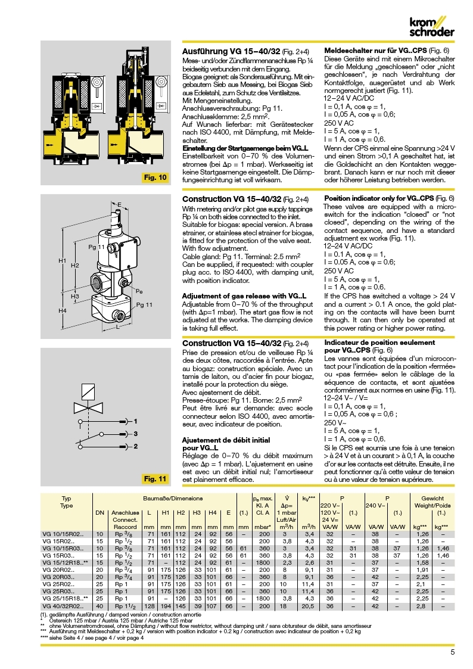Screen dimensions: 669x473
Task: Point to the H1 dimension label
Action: click(62, 261)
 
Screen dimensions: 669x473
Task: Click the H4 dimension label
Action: click(62, 310)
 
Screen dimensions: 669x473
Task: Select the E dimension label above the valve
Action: click(119, 204)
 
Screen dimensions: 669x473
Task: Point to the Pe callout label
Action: click(139, 291)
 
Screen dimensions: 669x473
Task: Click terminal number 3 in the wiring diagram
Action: click(135, 434)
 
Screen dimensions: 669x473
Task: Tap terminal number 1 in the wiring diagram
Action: click(135, 421)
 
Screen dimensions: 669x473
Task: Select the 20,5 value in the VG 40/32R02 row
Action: click(308, 605)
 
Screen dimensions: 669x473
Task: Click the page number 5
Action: click(453, 652)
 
